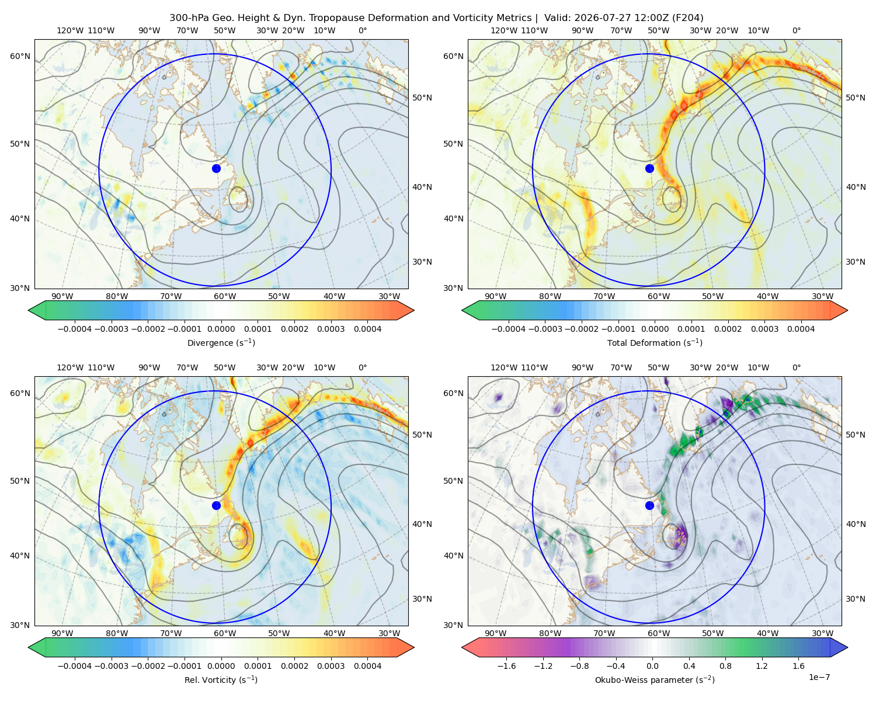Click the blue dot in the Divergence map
tap(216, 169)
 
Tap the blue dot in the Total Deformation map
tap(649, 169)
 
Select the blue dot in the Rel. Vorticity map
tap(216, 505)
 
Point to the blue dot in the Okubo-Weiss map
tap(649, 505)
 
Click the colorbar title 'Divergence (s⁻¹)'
tap(221, 342)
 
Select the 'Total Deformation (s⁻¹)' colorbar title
tap(655, 342)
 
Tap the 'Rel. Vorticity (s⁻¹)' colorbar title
tap(221, 680)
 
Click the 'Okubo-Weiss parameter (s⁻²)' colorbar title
tap(655, 680)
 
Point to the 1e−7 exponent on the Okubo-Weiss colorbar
tap(819, 677)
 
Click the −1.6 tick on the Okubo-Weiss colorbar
tap(506, 666)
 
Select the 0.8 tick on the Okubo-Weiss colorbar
tap(725, 666)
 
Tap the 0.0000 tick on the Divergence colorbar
tap(221, 329)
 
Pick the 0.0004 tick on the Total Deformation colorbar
tap(801, 329)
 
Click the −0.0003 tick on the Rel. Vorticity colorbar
tap(111, 666)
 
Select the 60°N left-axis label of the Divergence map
tap(20, 56)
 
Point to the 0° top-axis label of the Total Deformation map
tap(797, 30)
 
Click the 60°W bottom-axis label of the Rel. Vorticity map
tap(225, 633)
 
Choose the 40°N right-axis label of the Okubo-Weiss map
tap(856, 524)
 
